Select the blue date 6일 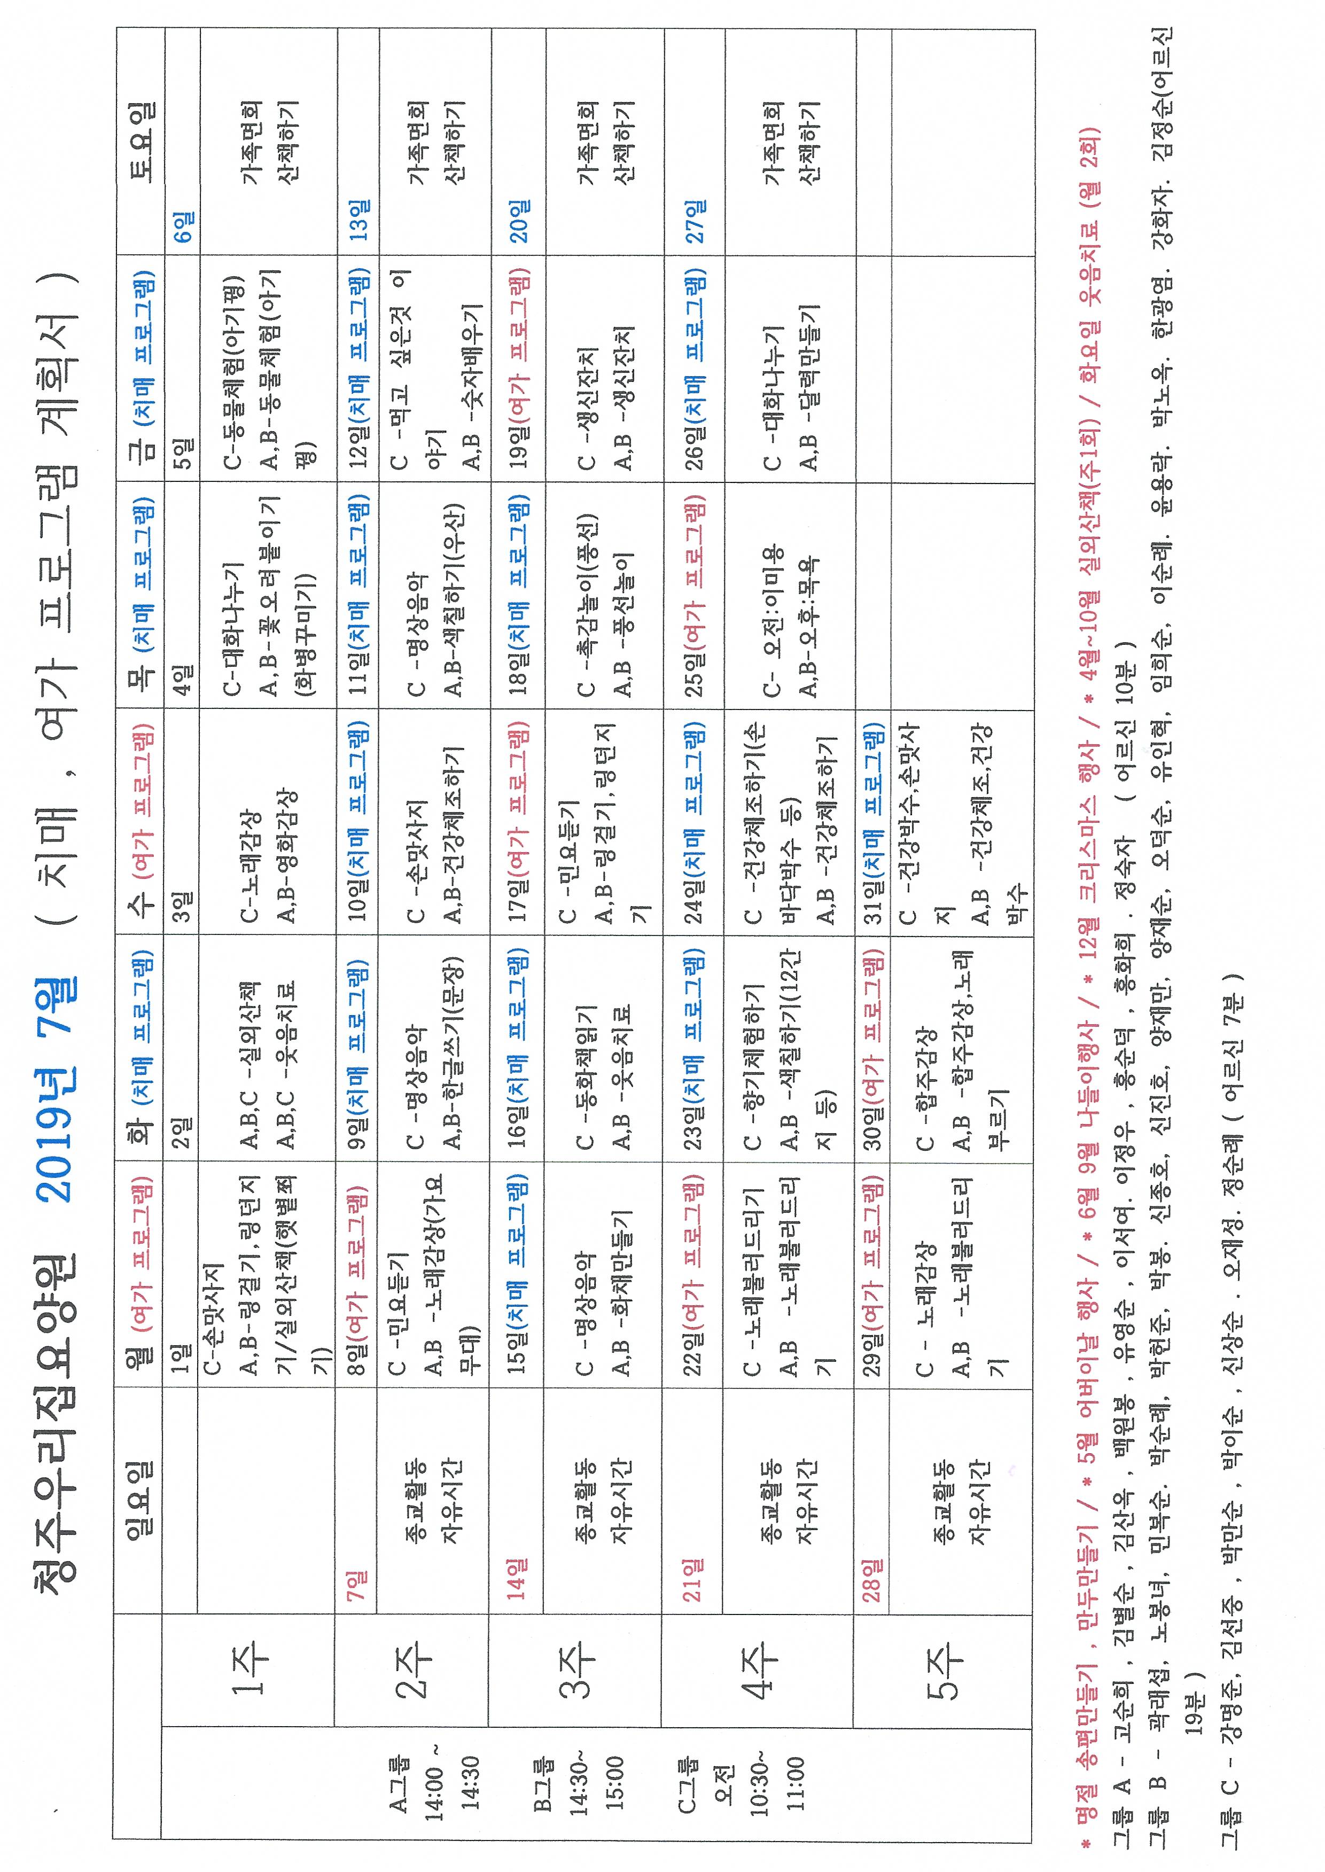(x=184, y=226)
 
